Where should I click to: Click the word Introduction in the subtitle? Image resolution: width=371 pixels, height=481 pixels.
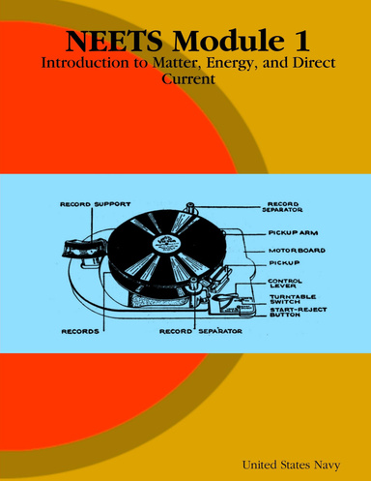(x=84, y=67)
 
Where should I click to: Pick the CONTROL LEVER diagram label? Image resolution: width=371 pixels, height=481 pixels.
(x=286, y=283)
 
